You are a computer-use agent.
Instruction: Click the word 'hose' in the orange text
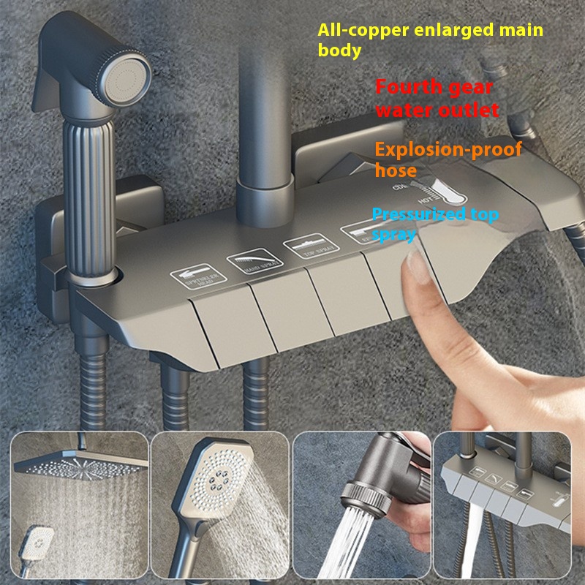pos(396,172)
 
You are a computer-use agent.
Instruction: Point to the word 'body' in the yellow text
pos(339,51)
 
